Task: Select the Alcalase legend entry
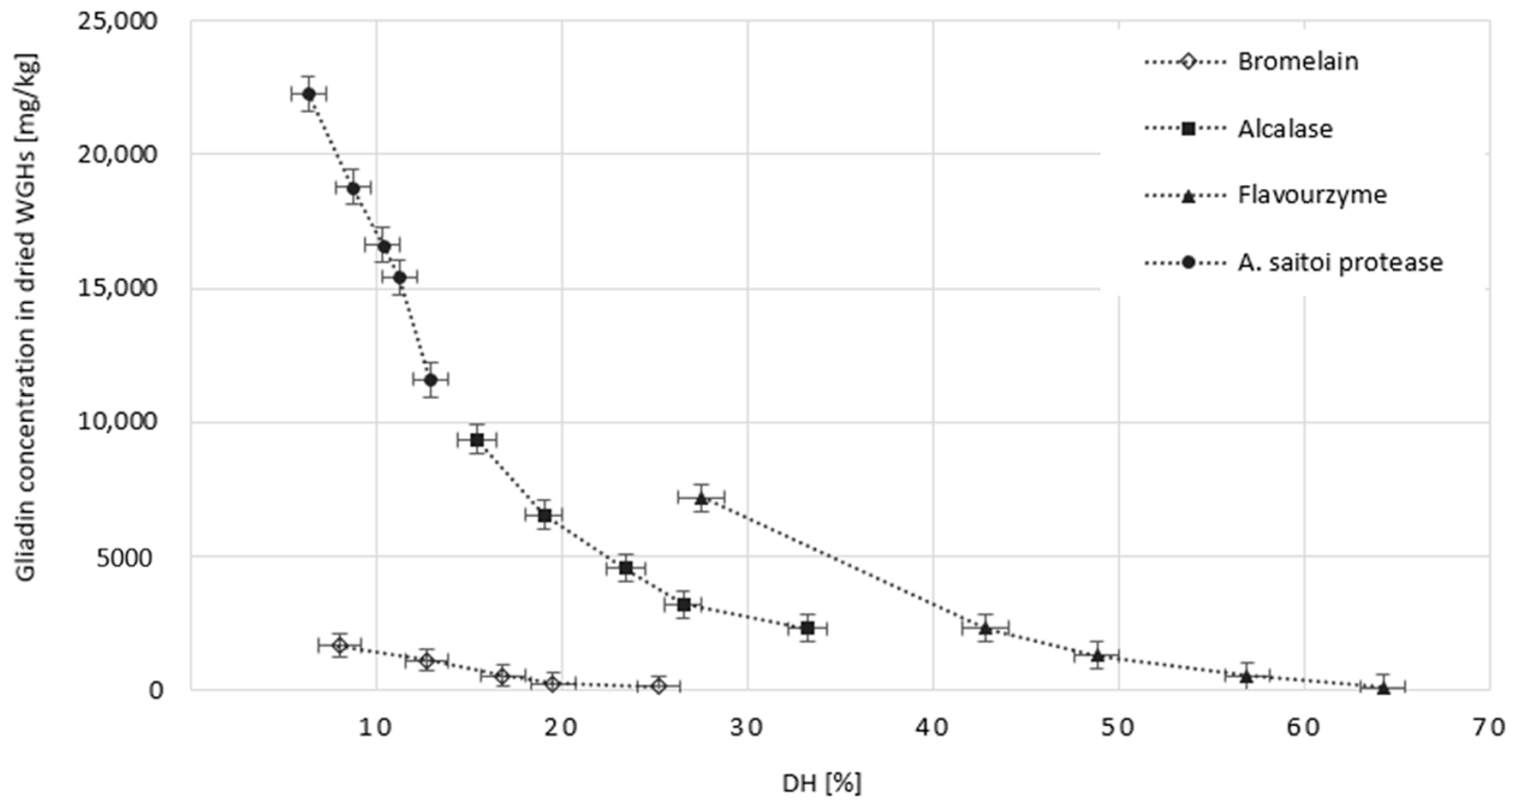1284,128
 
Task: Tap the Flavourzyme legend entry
1311,195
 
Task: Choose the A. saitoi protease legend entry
1340,262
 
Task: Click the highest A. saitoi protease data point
308,94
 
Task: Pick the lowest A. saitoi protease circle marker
431,379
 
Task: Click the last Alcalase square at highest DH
808,628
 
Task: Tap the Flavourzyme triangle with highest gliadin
701,499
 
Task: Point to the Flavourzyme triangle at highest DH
1383,688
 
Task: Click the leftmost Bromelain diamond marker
340,646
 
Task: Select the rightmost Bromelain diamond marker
659,686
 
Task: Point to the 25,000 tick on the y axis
118,22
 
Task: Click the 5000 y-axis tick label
124,557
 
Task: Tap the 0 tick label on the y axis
155,690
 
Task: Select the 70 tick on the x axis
1488,728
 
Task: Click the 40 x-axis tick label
933,728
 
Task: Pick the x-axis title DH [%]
822,784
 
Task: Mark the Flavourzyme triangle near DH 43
985,628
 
